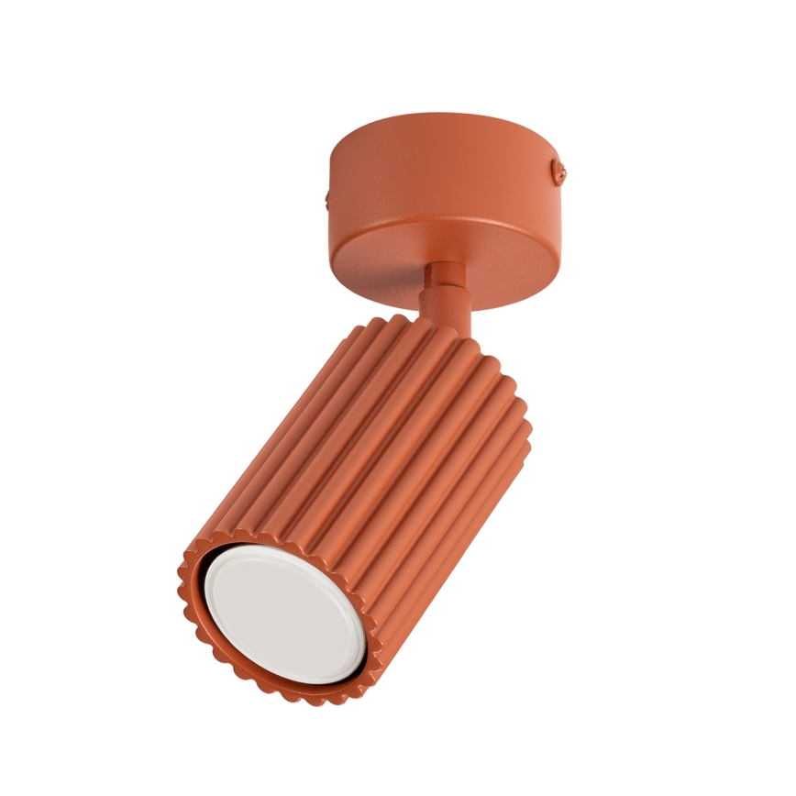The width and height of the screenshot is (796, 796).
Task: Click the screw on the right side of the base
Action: tap(560, 170)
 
